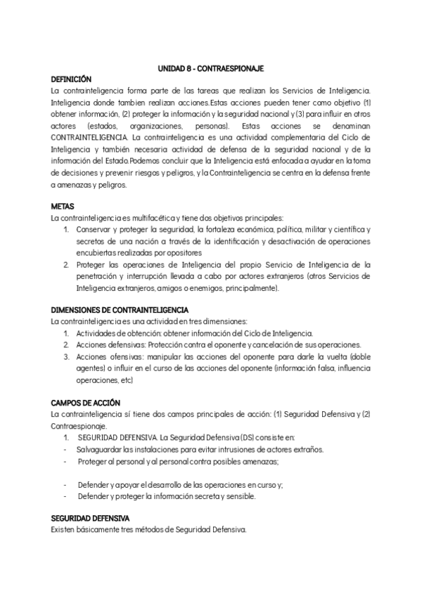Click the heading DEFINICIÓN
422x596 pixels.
coord(72,80)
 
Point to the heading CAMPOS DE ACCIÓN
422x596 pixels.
coord(86,403)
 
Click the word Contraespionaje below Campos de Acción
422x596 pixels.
coord(79,426)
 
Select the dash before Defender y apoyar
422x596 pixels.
coord(65,484)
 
